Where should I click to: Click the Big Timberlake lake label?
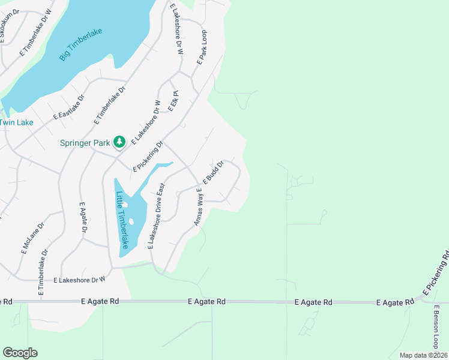tap(81, 45)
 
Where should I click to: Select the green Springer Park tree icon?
tap(119, 142)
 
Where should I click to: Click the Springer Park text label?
tap(85, 143)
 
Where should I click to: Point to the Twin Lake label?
tap(16, 122)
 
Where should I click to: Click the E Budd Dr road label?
tap(213, 172)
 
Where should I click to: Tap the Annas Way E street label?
tap(197, 206)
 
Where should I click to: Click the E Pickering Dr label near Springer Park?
tap(148, 157)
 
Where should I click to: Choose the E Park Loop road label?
tap(201, 48)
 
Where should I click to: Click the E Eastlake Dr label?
tap(69, 107)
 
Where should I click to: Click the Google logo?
tap(20, 353)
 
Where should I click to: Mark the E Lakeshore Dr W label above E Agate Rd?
tap(79, 280)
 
